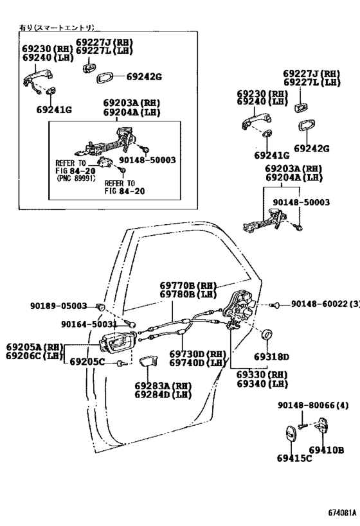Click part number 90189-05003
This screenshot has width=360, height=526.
pyautogui.click(x=59, y=306)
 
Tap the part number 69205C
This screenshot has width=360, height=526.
pyautogui.click(x=87, y=362)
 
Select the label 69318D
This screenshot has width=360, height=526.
pyautogui.click(x=271, y=356)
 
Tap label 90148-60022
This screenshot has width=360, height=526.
pyautogui.click(x=318, y=304)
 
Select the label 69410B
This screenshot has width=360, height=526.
pyautogui.click(x=327, y=450)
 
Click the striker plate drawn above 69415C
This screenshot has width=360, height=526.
pyautogui.click(x=290, y=434)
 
